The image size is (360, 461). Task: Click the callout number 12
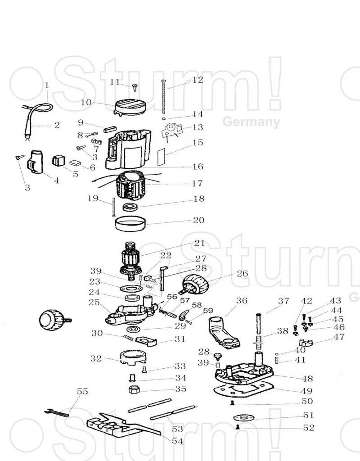(198, 80)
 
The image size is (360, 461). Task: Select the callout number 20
(198, 220)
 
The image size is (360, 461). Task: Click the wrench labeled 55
(58, 411)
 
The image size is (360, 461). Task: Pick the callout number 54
(177, 441)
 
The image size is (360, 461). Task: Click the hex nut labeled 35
(135, 389)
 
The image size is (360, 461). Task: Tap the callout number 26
(242, 273)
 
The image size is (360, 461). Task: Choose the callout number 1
(46, 85)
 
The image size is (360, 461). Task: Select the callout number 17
(197, 183)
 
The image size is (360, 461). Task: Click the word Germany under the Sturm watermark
(251, 122)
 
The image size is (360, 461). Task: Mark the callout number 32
(96, 359)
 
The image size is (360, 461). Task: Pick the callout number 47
(339, 337)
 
